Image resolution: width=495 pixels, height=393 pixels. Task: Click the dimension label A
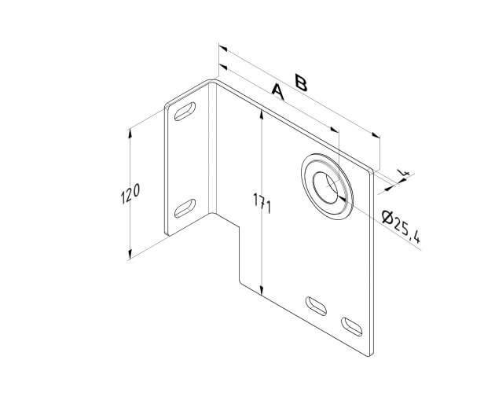tap(278, 92)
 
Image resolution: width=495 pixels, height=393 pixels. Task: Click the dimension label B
tap(301, 83)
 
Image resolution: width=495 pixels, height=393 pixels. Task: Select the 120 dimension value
tap(130, 193)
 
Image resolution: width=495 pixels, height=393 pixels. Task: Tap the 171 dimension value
tap(262, 203)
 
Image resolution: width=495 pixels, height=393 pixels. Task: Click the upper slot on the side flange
tap(185, 111)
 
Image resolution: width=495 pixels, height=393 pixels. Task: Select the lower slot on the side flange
tap(185, 208)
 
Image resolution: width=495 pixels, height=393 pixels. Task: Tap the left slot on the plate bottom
tap(316, 306)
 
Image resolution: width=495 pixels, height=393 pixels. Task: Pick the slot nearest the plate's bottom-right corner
tap(352, 327)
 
